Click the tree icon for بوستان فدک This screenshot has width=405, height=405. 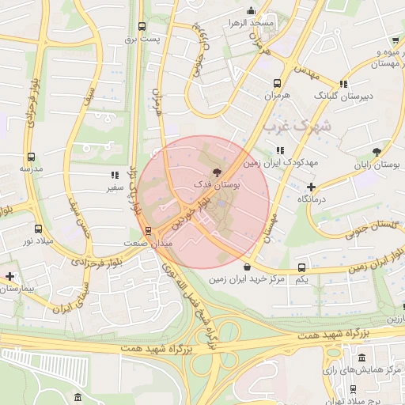click(216, 172)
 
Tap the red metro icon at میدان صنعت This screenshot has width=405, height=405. click(148, 231)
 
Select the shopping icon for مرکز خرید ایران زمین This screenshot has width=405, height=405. click(248, 267)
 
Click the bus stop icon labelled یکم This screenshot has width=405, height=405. click(301, 268)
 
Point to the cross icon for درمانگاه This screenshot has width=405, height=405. click(312, 187)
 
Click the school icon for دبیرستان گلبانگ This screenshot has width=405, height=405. click(343, 84)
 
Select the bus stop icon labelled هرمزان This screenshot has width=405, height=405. click(278, 83)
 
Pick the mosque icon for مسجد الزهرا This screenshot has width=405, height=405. click(251, 11)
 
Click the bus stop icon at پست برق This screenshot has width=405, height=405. click(142, 26)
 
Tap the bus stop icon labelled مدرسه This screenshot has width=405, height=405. click(31, 157)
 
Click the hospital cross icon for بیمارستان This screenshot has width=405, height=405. click(9, 276)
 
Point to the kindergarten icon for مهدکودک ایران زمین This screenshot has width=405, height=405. click(279, 150)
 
